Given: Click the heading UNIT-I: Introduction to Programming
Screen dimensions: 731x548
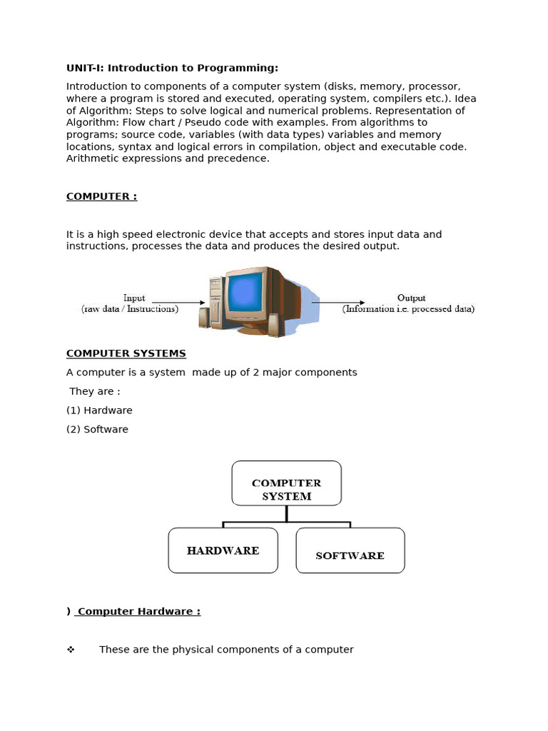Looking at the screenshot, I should coord(172,68).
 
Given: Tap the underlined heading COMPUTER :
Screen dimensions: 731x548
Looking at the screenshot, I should coord(101,196).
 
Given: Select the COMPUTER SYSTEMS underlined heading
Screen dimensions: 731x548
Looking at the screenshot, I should coord(126,353).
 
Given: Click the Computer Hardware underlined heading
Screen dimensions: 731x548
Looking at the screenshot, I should coord(138,611).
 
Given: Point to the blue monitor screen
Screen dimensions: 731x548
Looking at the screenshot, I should coord(245,293).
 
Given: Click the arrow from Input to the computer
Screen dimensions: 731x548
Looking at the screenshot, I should coord(178,302).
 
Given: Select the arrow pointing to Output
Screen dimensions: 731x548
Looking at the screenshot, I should coord(339,302).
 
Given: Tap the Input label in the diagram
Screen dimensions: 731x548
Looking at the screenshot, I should coord(134,298).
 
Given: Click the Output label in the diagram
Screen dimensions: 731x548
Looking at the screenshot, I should coord(411,298).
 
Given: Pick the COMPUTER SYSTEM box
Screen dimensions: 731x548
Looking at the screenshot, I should coord(286,483).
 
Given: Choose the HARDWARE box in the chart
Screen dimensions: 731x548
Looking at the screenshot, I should coord(223,550).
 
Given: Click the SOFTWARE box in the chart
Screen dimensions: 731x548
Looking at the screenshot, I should coord(350,550).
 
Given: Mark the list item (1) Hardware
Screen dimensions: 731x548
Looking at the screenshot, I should coord(99,410).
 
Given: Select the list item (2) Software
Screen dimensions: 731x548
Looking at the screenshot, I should coord(97,429).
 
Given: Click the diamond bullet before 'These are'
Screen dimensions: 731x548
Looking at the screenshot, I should coord(71,650).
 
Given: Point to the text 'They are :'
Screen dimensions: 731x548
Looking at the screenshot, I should coord(95,391).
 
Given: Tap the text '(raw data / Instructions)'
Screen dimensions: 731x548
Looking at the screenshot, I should coord(129,309).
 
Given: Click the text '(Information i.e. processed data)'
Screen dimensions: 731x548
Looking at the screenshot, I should coord(408,309).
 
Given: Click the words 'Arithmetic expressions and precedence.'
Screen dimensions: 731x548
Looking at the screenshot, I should coord(168,158).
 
